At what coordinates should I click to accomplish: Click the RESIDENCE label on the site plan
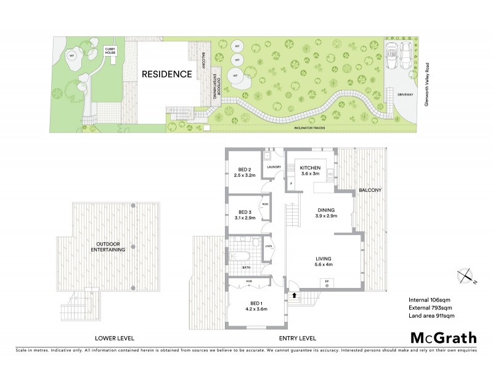pyautogui.click(x=167, y=74)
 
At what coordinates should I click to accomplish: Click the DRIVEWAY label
pyautogui.click(x=405, y=94)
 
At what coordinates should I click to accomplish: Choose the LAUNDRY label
pyautogui.click(x=274, y=166)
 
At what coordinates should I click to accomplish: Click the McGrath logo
pyautogui.click(x=443, y=337)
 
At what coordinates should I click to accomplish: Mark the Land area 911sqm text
pyautogui.click(x=431, y=316)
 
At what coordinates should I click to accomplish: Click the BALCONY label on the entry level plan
pyautogui.click(x=371, y=190)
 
